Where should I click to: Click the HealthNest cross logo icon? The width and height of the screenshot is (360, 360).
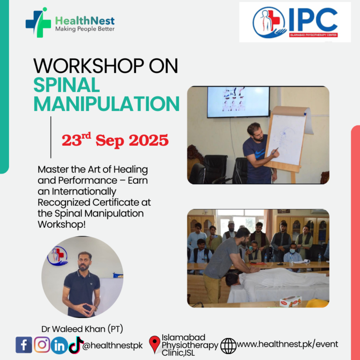[38, 22]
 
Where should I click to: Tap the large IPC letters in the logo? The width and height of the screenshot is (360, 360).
[313, 20]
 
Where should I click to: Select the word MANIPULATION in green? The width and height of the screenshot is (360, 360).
[106, 104]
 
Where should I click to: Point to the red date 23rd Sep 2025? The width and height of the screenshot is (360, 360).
[115, 140]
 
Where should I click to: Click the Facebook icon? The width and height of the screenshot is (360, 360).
[24, 345]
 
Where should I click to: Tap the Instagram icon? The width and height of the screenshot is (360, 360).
[42, 345]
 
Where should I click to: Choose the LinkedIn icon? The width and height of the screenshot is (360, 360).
[59, 345]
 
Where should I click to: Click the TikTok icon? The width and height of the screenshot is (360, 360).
[76, 344]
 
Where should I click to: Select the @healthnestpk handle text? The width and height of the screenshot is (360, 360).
[112, 345]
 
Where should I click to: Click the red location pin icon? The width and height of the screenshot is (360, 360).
[155, 345]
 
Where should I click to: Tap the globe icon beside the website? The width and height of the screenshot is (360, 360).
[228, 346]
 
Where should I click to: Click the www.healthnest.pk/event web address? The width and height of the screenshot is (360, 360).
[287, 344]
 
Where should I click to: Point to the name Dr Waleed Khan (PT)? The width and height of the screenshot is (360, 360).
[82, 329]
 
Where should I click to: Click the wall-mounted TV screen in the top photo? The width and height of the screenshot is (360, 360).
[238, 102]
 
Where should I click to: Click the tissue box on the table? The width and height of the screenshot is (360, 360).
[291, 301]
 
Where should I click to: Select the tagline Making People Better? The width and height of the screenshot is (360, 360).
[85, 29]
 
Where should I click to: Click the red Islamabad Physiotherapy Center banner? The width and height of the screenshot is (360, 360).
[313, 35]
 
